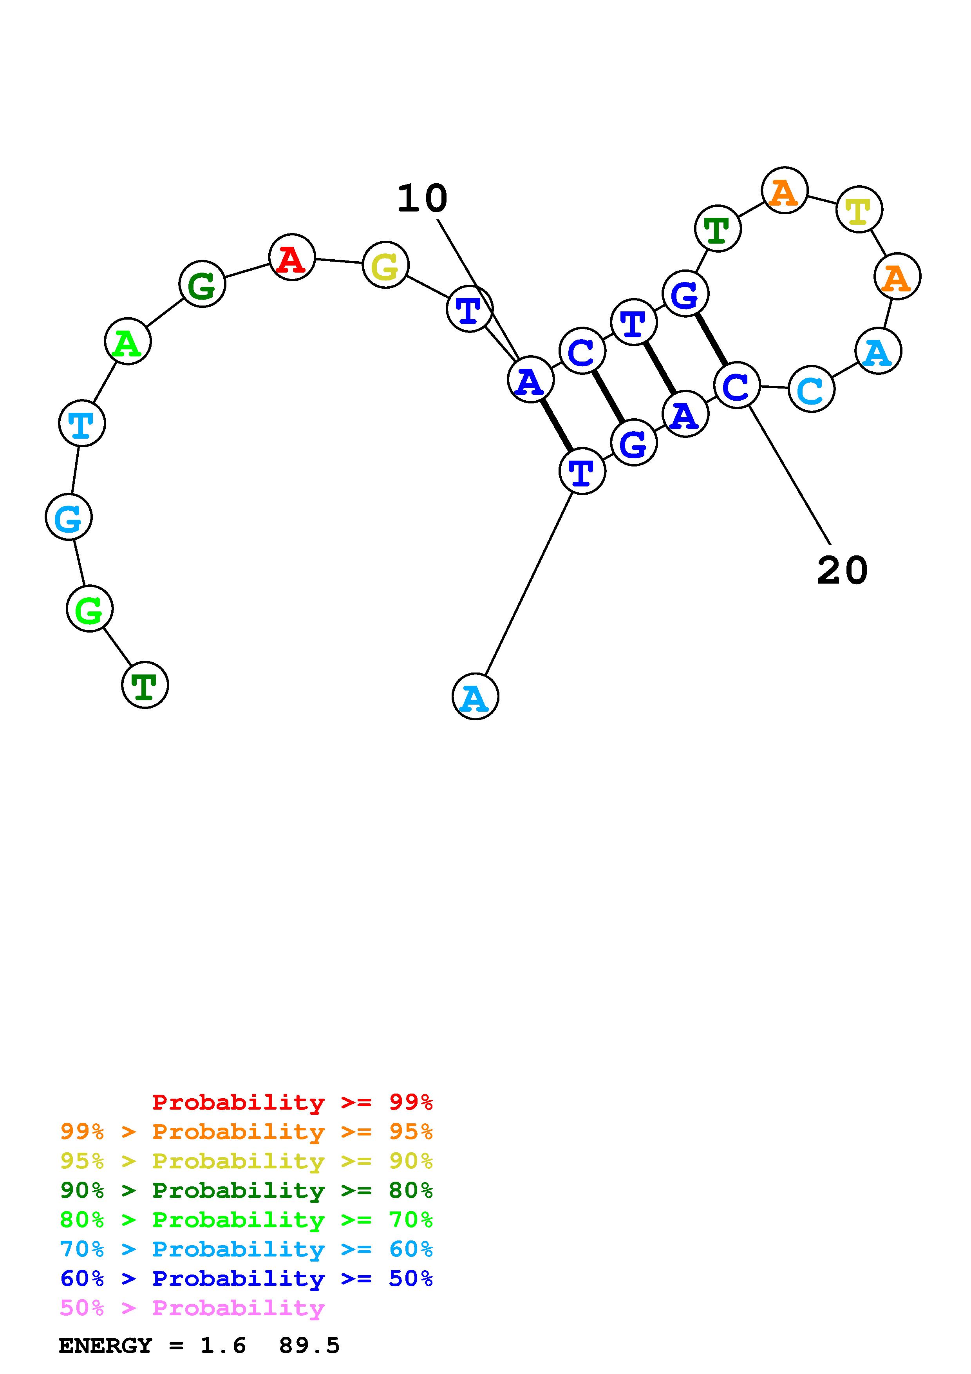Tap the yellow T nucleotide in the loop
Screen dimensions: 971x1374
click(859, 209)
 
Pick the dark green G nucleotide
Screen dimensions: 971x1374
click(202, 284)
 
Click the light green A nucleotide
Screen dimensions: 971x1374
click(127, 341)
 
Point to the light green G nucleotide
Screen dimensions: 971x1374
click(89, 609)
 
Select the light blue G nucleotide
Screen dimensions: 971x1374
click(69, 517)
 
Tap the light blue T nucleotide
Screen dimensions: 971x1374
click(82, 423)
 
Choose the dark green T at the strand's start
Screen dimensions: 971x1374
click(145, 685)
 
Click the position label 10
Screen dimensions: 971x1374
click(422, 199)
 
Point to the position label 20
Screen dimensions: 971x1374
click(841, 570)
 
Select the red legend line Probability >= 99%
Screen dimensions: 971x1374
click(292, 1102)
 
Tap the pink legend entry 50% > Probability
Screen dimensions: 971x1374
click(192, 1308)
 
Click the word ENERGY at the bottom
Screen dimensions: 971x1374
click(105, 1346)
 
